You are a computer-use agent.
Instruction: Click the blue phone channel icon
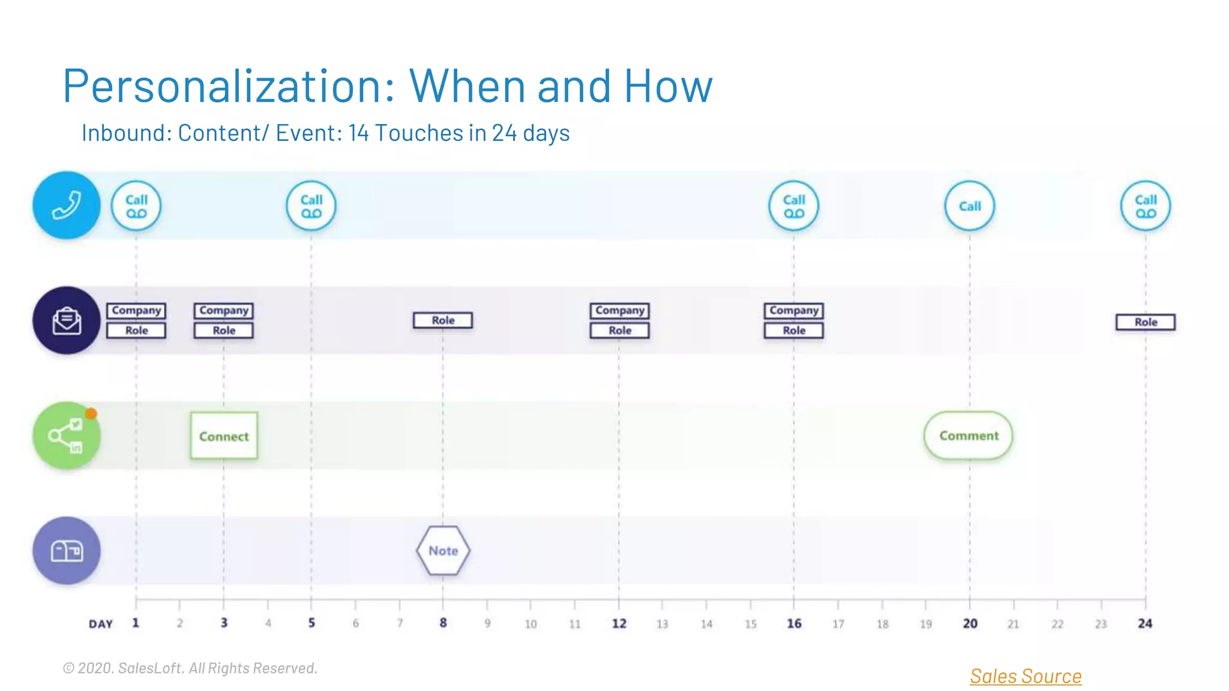(66, 205)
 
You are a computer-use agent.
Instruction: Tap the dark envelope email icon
(66, 320)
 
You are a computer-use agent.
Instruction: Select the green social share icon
(66, 435)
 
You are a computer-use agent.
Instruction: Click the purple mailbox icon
(66, 551)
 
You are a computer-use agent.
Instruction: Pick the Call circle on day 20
(970, 206)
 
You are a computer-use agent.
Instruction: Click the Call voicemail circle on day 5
(311, 206)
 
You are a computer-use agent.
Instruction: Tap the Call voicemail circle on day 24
(1146, 206)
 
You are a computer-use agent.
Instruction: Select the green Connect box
(224, 436)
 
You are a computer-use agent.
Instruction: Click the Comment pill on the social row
(969, 435)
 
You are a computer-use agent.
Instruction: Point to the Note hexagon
(443, 551)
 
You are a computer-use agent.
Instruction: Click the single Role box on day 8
(443, 320)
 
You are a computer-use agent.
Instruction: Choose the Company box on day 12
(619, 310)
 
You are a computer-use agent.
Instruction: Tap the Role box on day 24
(1146, 322)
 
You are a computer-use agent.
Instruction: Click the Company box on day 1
(136, 310)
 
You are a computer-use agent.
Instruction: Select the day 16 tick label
(794, 624)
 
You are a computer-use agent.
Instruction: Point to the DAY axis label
(101, 624)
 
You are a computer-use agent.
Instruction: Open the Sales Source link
(1026, 676)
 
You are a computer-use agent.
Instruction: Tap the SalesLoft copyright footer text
(190, 668)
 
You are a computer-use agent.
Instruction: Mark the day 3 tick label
(224, 623)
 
